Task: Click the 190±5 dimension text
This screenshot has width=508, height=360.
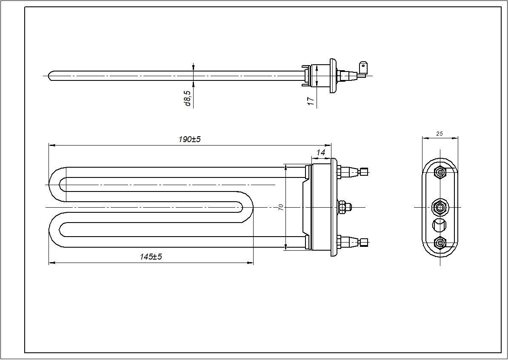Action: [x=189, y=140]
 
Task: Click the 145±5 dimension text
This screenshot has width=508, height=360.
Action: [x=151, y=257]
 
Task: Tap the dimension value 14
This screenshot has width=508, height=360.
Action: [x=320, y=152]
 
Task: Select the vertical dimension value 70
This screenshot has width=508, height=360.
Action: [x=281, y=207]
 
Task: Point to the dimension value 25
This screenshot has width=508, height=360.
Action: [x=440, y=134]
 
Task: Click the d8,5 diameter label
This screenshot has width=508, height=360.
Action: [x=188, y=98]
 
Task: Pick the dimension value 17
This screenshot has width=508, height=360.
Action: [x=311, y=101]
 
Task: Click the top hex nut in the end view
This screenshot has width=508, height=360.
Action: [x=440, y=172]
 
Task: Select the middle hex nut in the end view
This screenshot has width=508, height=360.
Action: [x=440, y=207]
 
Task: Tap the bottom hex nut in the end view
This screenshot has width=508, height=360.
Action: [x=440, y=243]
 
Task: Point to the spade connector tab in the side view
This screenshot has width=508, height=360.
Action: [x=363, y=67]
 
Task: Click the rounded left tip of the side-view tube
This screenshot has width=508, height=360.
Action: [x=51, y=76]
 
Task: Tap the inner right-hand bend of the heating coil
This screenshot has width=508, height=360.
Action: [x=249, y=207]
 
